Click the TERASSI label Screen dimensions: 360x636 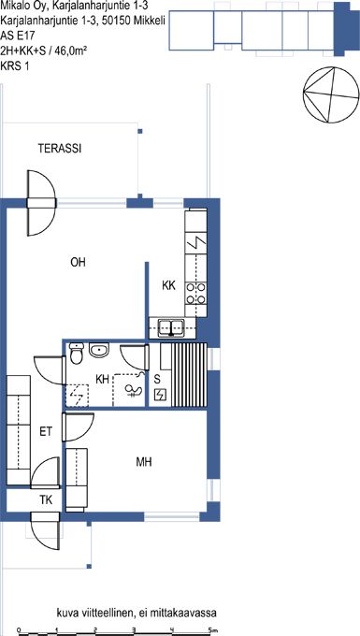[x=60, y=149]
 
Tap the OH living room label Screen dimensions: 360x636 [x=78, y=263]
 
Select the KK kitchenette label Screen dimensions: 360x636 [x=168, y=286]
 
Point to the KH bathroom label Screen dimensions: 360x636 [x=102, y=379]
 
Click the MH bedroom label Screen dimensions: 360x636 [x=144, y=462]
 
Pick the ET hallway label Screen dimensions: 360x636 [x=46, y=431]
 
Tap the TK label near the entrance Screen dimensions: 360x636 [x=46, y=500]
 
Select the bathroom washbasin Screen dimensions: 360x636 [x=99, y=350]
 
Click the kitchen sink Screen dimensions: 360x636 [x=171, y=328]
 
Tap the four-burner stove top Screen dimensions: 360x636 [x=195, y=294]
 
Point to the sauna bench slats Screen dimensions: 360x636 [x=189, y=374]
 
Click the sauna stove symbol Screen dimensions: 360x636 [x=161, y=395]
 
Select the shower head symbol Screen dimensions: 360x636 [x=134, y=391]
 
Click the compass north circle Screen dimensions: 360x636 [x=331, y=94]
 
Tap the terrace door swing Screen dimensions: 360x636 [x=40, y=203]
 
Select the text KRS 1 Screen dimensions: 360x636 [x=15, y=65]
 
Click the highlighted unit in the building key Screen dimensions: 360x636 [x=341, y=29]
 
